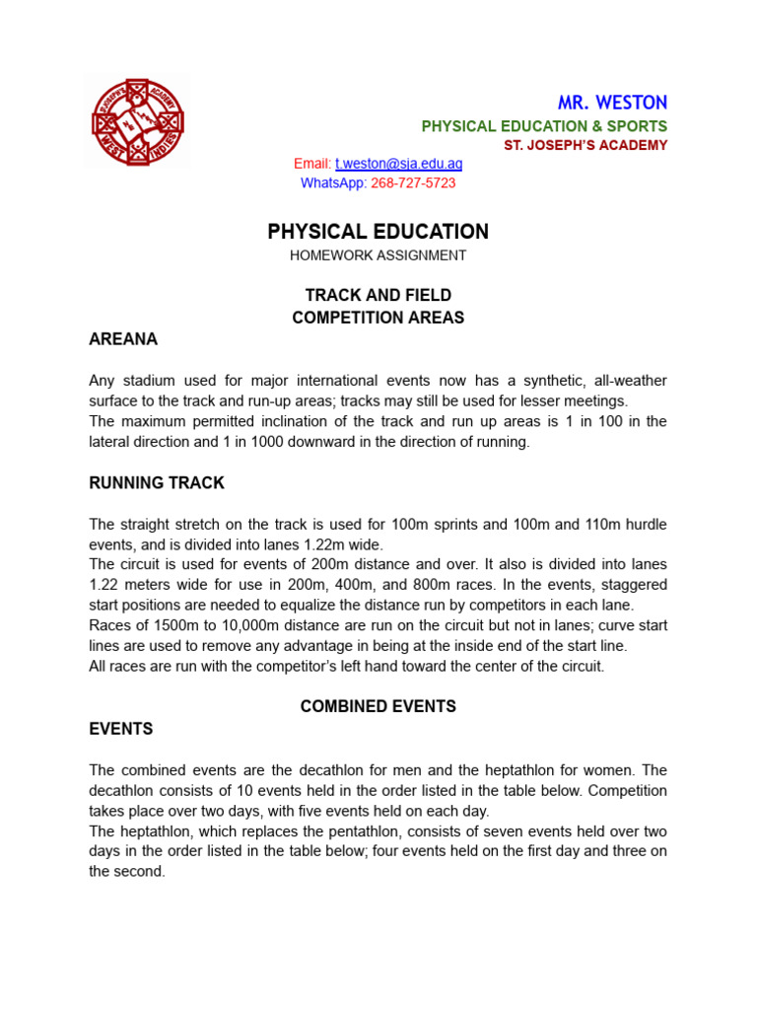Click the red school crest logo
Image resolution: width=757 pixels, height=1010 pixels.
(x=138, y=122)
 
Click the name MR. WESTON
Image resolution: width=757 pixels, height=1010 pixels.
(x=612, y=103)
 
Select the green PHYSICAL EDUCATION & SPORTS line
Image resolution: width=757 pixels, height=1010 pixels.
(x=544, y=126)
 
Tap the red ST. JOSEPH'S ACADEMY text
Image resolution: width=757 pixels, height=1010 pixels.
(x=585, y=146)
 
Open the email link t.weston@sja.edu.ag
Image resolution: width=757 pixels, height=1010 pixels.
(x=398, y=164)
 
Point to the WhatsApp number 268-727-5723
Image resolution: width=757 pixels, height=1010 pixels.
(x=413, y=183)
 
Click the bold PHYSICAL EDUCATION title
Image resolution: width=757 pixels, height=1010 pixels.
(x=378, y=232)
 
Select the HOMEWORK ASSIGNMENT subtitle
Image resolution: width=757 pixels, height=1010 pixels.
(x=378, y=255)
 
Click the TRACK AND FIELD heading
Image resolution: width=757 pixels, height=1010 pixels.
(x=378, y=296)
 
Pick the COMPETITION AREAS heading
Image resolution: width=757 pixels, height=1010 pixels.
(x=378, y=318)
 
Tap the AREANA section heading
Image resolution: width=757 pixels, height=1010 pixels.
(x=123, y=339)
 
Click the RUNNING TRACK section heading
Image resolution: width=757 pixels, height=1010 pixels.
(x=157, y=483)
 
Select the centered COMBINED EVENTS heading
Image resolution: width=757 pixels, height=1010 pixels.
(x=378, y=706)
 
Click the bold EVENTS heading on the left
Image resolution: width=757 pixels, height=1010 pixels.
(x=121, y=729)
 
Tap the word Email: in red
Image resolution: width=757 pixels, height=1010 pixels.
(x=312, y=164)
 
